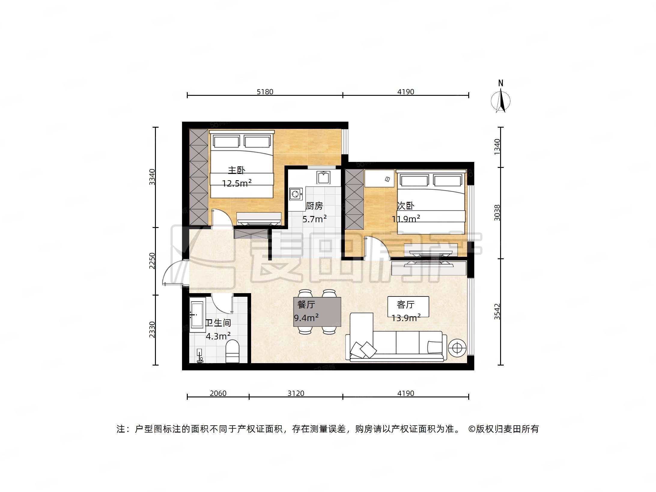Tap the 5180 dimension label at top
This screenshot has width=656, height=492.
265,92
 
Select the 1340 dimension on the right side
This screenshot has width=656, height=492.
497,147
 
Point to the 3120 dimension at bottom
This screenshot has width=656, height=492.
296,393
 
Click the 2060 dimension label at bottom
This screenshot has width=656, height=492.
218,393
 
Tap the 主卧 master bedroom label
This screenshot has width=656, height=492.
236,170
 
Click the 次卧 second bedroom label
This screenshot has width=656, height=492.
405,206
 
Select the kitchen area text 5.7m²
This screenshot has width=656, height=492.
314,219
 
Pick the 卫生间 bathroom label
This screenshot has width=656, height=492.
218,323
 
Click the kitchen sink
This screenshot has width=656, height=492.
323,177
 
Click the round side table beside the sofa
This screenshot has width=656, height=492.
457,348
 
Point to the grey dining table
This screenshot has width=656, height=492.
317,312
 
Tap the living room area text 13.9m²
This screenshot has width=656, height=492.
406,318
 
